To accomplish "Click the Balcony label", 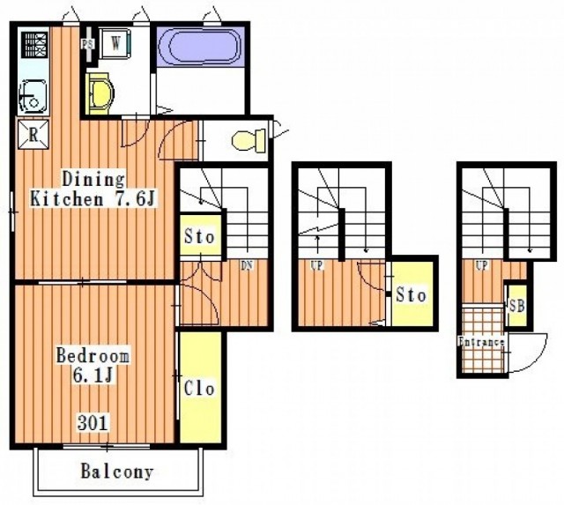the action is (x=117, y=472).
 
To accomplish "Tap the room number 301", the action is (x=93, y=423).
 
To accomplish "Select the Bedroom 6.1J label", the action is (x=93, y=365).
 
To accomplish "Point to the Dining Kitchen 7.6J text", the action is (x=93, y=189).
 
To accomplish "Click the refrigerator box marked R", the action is (x=33, y=135).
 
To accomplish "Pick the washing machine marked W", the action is (x=115, y=43).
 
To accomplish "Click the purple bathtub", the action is (x=201, y=47).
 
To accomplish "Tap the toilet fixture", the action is (x=249, y=140).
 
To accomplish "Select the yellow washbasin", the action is (x=100, y=93).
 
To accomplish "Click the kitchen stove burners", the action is (x=34, y=45).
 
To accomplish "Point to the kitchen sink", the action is (x=33, y=96).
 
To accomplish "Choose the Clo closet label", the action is (x=199, y=388).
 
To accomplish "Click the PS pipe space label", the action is (x=87, y=44).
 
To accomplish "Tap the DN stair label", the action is (x=247, y=265).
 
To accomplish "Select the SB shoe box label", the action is (x=517, y=306).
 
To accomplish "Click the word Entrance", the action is (x=481, y=341).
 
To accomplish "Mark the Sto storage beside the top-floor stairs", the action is (x=199, y=236).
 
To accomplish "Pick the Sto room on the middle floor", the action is (x=412, y=294).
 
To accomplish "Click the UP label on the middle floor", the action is (x=316, y=265).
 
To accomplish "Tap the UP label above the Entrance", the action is (x=482, y=265).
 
